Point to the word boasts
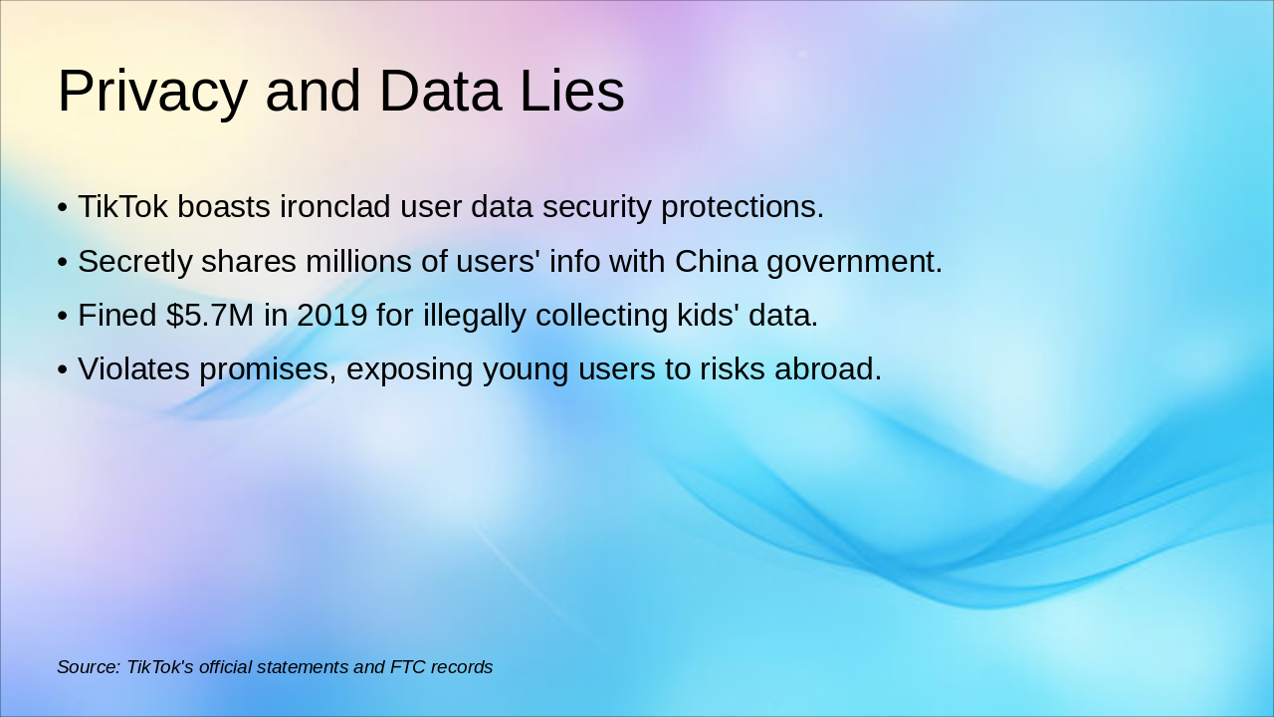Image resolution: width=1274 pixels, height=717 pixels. pyautogui.click(x=224, y=207)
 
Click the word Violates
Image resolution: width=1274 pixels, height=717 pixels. pyautogui.click(x=133, y=368)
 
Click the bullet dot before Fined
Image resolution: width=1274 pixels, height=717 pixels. pyautogui.click(x=62, y=316)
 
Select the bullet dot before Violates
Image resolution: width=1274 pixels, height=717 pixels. pyautogui.click(x=62, y=369)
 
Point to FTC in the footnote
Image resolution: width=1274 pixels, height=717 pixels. pyautogui.click(x=408, y=667)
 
